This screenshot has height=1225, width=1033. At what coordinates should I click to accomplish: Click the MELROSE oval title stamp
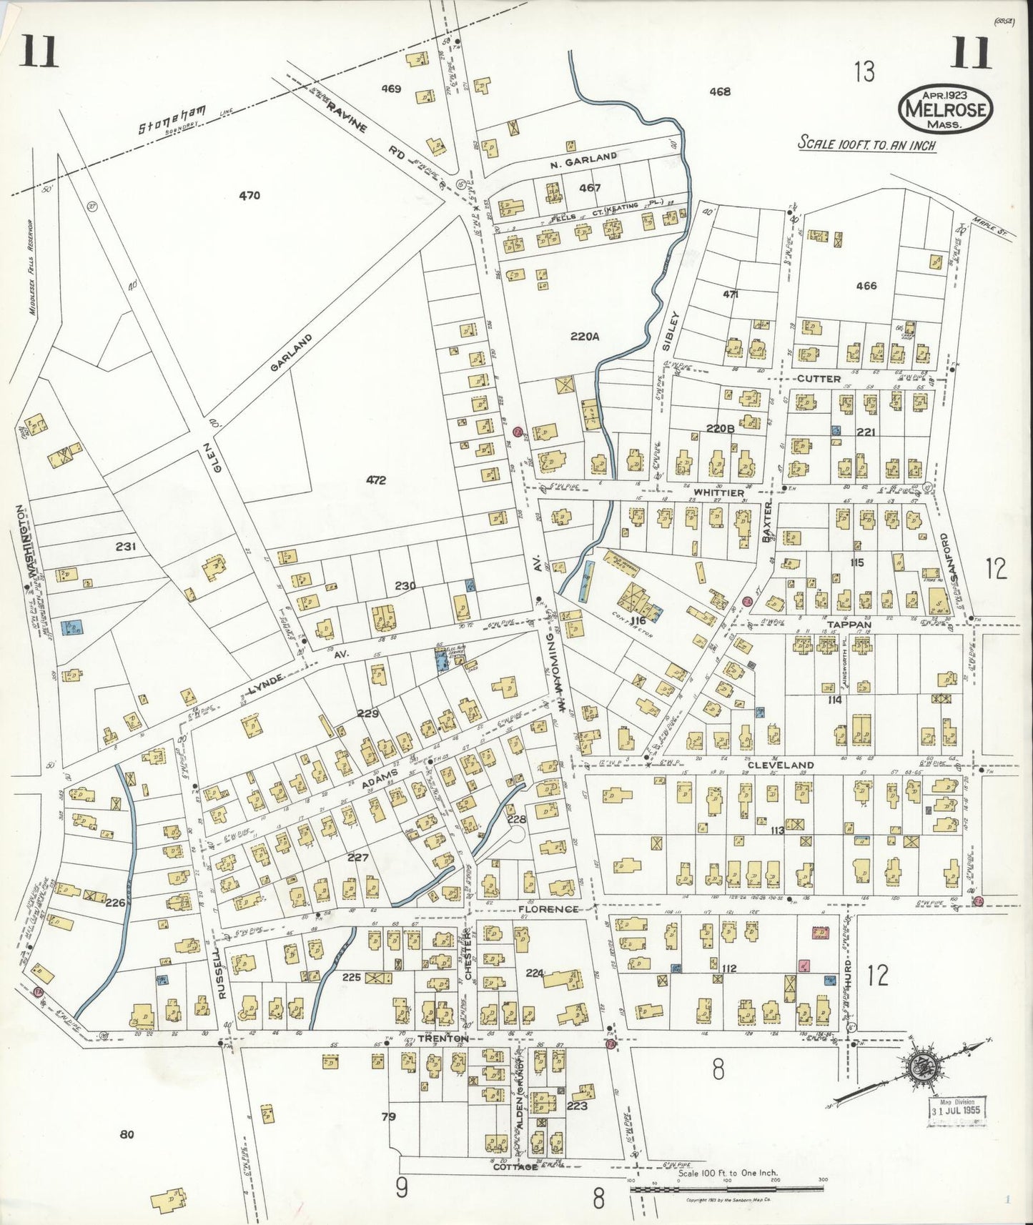(946, 109)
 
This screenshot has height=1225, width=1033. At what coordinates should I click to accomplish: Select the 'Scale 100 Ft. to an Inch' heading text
(866, 142)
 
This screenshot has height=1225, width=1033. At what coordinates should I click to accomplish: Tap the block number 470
(249, 195)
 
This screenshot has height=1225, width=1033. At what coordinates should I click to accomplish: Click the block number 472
(376, 481)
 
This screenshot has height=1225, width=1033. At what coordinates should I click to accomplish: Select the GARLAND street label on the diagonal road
(292, 352)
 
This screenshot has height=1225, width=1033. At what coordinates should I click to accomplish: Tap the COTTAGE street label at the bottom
(515, 1166)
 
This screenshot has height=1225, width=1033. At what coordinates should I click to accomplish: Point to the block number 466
(866, 286)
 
